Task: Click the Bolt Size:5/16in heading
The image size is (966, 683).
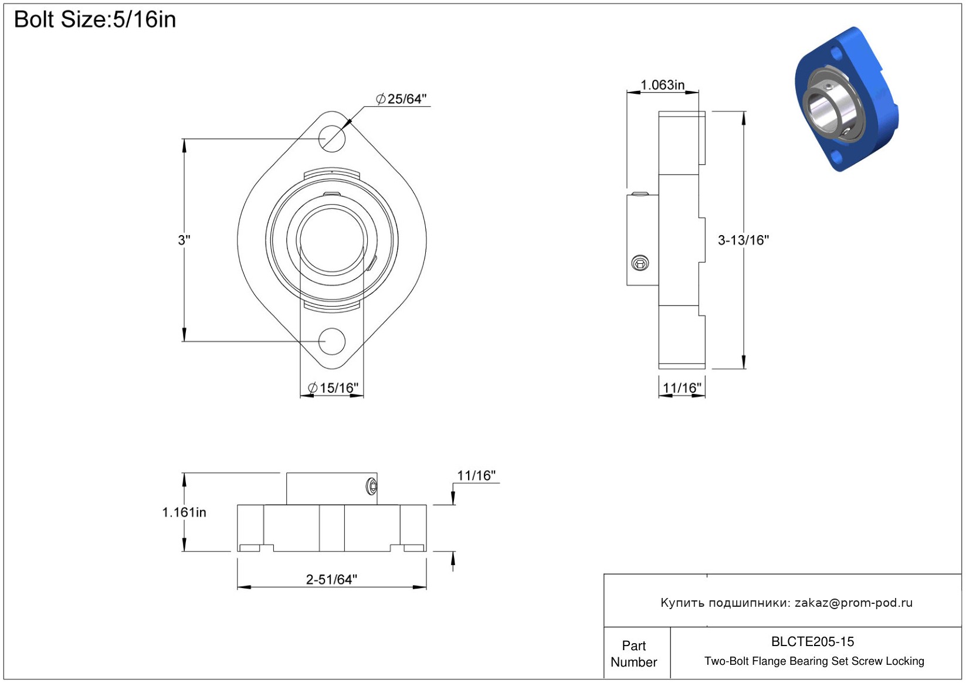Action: pyautogui.click(x=95, y=19)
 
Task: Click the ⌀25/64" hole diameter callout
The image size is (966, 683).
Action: pyautogui.click(x=401, y=98)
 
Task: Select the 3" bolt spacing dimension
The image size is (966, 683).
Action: pyautogui.click(x=184, y=240)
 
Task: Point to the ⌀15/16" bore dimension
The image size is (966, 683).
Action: pyautogui.click(x=333, y=388)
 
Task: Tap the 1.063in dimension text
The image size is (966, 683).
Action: pyautogui.click(x=662, y=85)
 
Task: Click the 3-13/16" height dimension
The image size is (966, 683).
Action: pyautogui.click(x=743, y=240)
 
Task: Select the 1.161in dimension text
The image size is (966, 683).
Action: pyautogui.click(x=184, y=512)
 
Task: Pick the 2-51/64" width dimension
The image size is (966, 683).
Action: pyautogui.click(x=331, y=579)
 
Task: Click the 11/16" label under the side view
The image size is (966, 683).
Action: pyautogui.click(x=682, y=388)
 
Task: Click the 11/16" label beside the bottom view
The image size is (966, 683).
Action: pyautogui.click(x=476, y=475)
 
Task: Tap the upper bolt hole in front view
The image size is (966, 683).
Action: pyautogui.click(x=331, y=138)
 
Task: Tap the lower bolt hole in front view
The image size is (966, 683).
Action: pyautogui.click(x=331, y=341)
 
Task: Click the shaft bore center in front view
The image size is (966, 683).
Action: pyautogui.click(x=331, y=240)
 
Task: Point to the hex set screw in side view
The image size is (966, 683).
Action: pyautogui.click(x=640, y=263)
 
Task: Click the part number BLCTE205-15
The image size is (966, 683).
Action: pyautogui.click(x=812, y=641)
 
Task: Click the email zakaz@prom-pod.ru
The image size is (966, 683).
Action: pyautogui.click(x=853, y=602)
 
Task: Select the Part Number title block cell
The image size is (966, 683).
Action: pyautogui.click(x=633, y=654)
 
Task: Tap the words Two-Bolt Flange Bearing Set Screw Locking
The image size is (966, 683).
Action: pyautogui.click(x=814, y=661)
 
